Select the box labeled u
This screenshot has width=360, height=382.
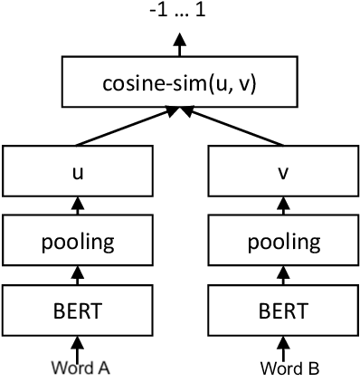coord(77,170)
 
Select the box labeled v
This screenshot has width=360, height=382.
coord(283,170)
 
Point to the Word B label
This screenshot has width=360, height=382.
coord(283,368)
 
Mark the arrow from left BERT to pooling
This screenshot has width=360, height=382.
coord(77,274)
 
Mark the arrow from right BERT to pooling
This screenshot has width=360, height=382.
coord(283,274)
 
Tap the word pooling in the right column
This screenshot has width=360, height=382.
coord(283,242)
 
